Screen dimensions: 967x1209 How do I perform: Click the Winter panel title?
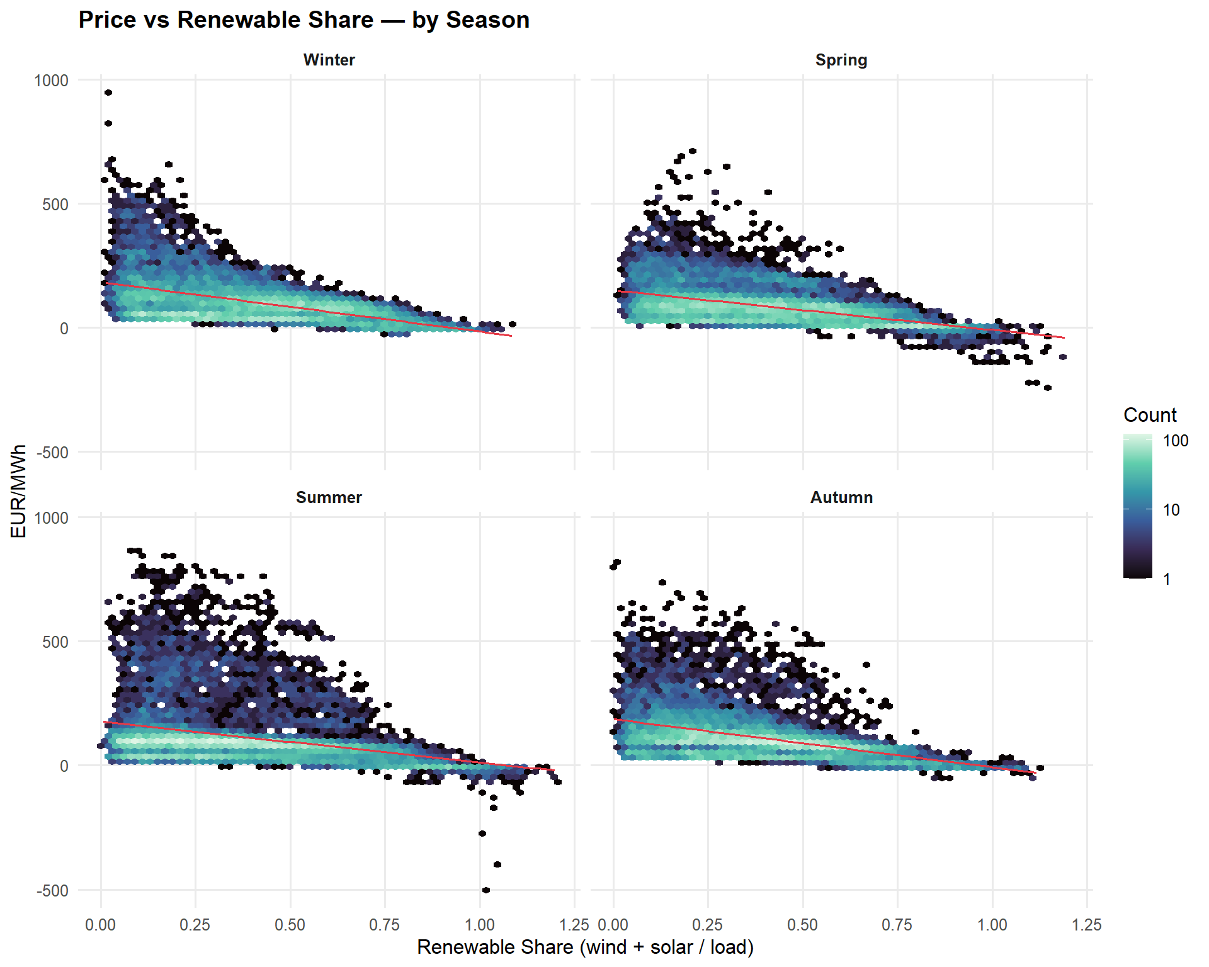tap(329, 60)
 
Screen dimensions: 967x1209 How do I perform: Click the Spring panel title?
tap(841, 60)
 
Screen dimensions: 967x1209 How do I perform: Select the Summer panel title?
tap(329, 497)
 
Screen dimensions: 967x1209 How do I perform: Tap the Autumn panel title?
tap(841, 497)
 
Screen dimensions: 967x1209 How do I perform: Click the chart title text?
tap(304, 20)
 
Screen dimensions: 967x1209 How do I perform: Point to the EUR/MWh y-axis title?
tap(19, 491)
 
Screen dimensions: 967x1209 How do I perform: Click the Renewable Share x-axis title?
tap(585, 947)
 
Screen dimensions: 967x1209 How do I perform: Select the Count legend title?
tap(1150, 415)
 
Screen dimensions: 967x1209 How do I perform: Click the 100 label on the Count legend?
tap(1175, 441)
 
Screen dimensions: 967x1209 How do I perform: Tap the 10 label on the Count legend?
tap(1171, 510)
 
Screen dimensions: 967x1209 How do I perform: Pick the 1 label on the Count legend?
tap(1167, 579)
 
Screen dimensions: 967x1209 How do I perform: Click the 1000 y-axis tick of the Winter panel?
tap(52, 81)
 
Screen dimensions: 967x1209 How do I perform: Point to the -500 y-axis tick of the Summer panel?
tap(53, 891)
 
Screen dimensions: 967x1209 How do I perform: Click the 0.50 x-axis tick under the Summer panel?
tap(290, 925)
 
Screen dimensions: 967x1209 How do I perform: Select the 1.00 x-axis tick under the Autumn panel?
tap(992, 925)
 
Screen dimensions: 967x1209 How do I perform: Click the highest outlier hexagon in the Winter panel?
tap(108, 93)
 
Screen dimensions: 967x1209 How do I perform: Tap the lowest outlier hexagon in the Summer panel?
tap(486, 890)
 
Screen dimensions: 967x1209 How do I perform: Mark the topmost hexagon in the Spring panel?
tap(693, 151)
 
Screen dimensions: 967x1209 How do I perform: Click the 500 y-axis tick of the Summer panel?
tap(55, 642)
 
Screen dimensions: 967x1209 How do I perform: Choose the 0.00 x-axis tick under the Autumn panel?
tap(613, 925)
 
